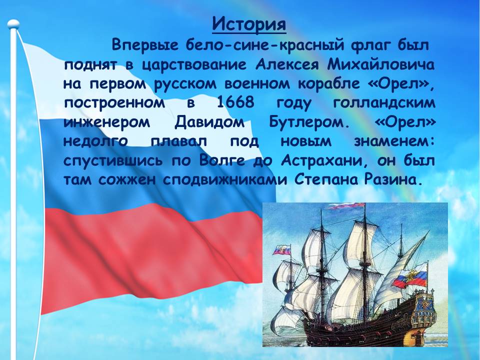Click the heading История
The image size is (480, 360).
(x=249, y=24)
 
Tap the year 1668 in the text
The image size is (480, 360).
(x=235, y=102)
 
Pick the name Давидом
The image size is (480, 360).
(x=209, y=122)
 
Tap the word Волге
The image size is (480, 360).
(x=222, y=160)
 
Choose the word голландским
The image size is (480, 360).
(x=384, y=103)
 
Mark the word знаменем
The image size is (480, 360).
(x=394, y=141)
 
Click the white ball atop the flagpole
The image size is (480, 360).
(x=13, y=24)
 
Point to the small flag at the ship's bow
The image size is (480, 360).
(x=282, y=250)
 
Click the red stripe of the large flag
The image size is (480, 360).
(x=147, y=257)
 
